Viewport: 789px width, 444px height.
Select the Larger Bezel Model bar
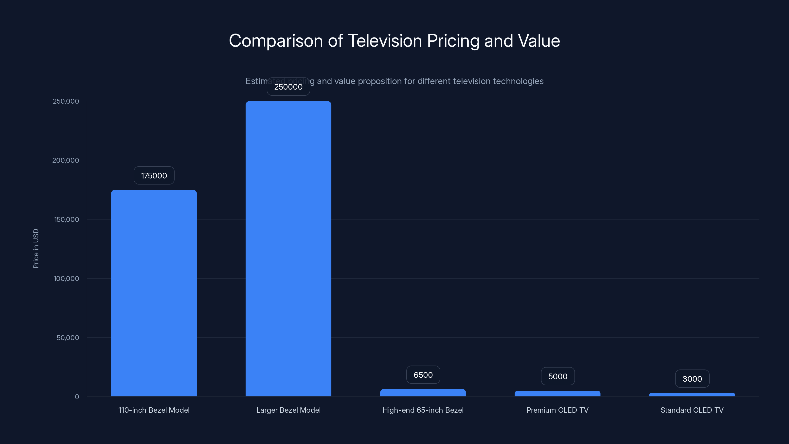click(x=288, y=248)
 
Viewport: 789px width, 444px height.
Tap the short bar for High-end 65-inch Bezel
click(x=423, y=393)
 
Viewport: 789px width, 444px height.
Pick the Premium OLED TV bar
click(x=557, y=394)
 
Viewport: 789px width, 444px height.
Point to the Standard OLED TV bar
click(x=692, y=395)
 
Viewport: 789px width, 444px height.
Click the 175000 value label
click(x=154, y=176)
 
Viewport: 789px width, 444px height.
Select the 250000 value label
click(x=288, y=87)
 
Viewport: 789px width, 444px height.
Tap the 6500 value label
click(x=423, y=375)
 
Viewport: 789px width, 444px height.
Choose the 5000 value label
click(x=557, y=376)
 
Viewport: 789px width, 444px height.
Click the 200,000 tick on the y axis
click(x=66, y=160)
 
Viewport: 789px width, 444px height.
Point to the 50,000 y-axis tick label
click(x=68, y=338)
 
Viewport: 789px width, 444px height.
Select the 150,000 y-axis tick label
click(x=67, y=219)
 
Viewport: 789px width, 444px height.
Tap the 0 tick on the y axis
click(x=77, y=397)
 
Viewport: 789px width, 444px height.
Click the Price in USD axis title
click(x=36, y=248)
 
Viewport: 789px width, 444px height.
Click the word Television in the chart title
click(x=385, y=41)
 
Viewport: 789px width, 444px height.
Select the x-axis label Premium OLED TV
click(x=557, y=410)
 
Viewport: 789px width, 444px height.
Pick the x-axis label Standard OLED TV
click(x=692, y=410)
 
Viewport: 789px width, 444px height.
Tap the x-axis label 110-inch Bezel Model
click(x=154, y=410)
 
